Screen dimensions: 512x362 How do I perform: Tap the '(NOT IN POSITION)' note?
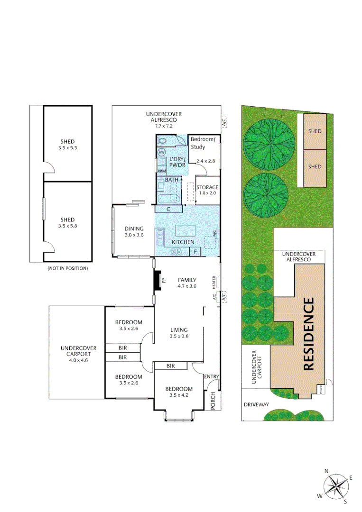click(x=67, y=268)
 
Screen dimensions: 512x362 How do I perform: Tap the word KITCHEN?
click(x=183, y=242)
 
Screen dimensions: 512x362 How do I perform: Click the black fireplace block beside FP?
click(x=158, y=280)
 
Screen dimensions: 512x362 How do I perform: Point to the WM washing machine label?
click(x=162, y=171)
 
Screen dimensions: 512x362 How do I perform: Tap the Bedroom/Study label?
click(x=203, y=143)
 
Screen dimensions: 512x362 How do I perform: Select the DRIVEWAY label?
click(x=256, y=404)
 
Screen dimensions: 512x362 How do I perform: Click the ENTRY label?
click(x=212, y=376)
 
